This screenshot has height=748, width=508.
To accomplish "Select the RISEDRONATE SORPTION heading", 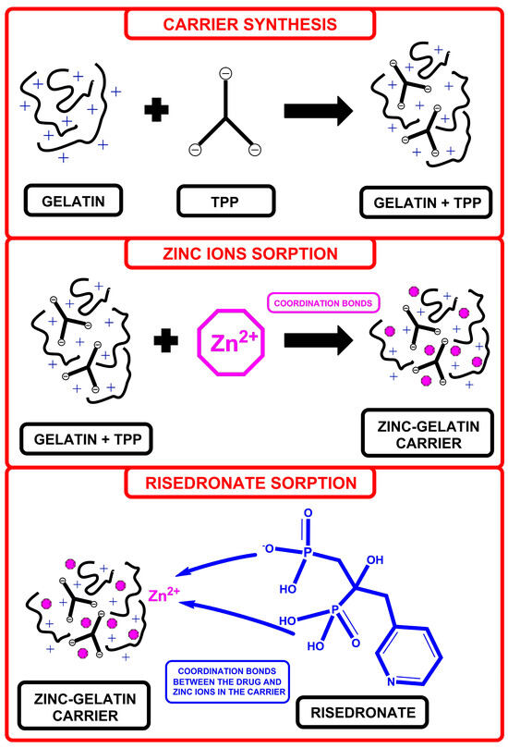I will [x=253, y=483].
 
